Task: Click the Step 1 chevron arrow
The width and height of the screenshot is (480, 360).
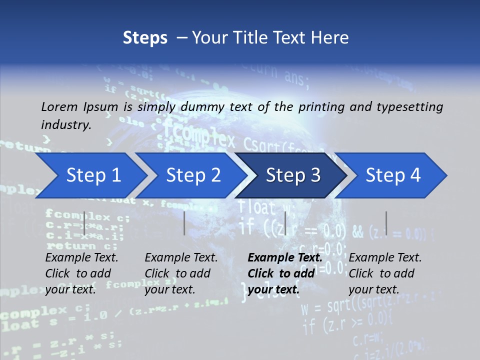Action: click(x=90, y=175)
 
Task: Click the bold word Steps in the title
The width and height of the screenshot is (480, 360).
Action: click(x=145, y=38)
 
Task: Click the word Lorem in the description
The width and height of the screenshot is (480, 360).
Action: click(x=59, y=106)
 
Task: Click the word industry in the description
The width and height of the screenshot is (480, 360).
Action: click(x=65, y=124)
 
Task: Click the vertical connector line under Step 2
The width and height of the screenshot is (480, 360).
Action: click(x=184, y=223)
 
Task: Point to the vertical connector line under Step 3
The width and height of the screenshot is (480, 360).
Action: click(x=285, y=223)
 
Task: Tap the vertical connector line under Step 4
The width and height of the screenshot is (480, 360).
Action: click(x=386, y=223)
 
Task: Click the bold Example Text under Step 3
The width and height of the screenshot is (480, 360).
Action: click(x=285, y=257)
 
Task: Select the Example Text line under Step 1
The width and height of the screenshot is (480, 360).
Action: click(x=81, y=257)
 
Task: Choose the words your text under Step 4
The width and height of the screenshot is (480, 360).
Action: click(x=373, y=289)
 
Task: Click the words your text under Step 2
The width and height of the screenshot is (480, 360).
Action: click(x=169, y=289)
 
